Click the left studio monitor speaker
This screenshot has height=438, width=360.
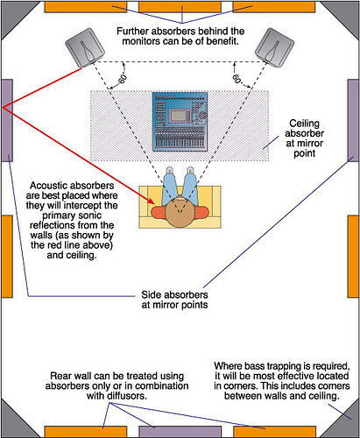click(x=85, y=47)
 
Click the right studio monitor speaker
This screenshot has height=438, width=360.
click(x=274, y=47)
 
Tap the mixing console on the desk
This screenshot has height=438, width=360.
click(x=180, y=122)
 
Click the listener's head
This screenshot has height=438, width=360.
click(x=180, y=213)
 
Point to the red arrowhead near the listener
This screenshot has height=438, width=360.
click(x=151, y=201)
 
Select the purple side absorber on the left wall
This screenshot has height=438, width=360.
click(x=7, y=120)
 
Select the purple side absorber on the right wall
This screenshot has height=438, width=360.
click(x=353, y=120)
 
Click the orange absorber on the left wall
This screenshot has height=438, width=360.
click(x=7, y=257)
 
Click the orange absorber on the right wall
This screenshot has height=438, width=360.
click(x=353, y=257)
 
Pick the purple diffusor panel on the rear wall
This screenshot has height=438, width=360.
click(x=180, y=432)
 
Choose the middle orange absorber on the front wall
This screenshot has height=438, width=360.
click(x=180, y=7)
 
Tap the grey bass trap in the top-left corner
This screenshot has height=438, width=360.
click(x=15, y=15)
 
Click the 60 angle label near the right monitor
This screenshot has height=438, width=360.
click(x=236, y=79)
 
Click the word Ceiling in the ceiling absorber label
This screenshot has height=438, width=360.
click(x=304, y=124)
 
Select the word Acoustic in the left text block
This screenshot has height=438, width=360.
click(x=47, y=186)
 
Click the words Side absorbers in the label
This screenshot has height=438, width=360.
click(x=174, y=294)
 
